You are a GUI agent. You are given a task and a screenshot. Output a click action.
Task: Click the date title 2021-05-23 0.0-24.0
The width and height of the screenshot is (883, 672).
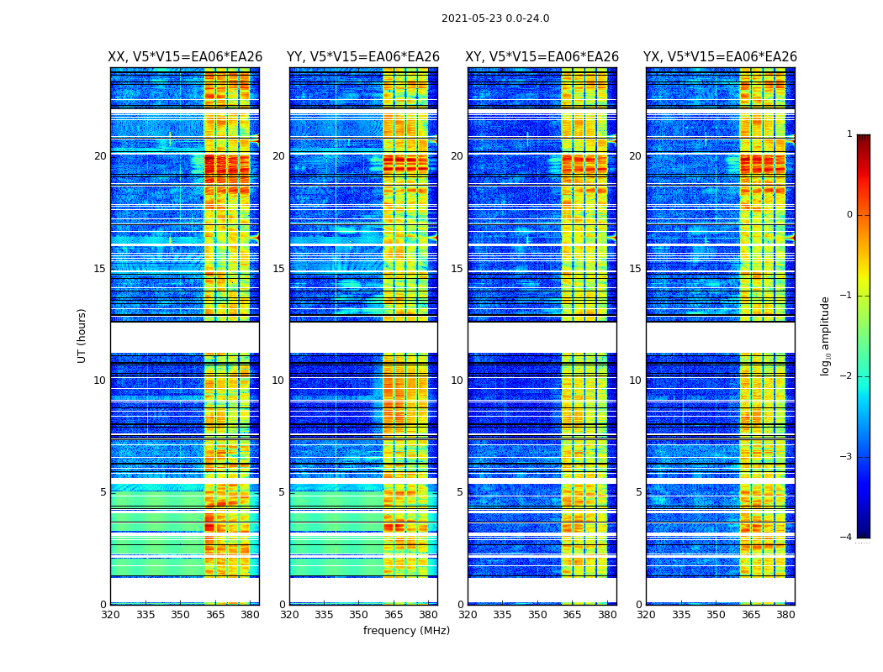(495, 18)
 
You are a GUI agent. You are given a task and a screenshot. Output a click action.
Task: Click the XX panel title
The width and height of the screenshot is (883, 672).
(185, 57)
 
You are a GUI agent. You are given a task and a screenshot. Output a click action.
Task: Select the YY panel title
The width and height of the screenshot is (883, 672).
(363, 57)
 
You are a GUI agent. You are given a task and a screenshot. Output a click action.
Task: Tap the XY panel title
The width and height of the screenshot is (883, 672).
(542, 57)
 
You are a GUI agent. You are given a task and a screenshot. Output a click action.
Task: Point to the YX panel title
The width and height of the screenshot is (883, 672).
(721, 57)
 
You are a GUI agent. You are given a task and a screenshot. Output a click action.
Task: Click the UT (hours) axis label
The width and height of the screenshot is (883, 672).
(82, 335)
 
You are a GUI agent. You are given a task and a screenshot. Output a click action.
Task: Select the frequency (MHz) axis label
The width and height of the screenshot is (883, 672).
(406, 631)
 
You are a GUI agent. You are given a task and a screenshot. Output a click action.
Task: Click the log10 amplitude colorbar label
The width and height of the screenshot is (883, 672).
(826, 335)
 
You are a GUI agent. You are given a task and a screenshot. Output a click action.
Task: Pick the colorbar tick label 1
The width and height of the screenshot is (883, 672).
(849, 134)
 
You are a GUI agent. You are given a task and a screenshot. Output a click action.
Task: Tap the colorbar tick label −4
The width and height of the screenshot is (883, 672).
(847, 538)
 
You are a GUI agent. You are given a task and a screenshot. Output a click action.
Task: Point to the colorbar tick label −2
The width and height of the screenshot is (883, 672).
(847, 376)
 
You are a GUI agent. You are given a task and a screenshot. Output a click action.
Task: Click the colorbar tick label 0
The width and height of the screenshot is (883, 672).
(849, 215)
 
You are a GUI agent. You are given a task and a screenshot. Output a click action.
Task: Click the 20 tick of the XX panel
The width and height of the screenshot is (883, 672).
(100, 156)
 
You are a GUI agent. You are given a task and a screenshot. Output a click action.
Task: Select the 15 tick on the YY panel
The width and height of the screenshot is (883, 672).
(278, 269)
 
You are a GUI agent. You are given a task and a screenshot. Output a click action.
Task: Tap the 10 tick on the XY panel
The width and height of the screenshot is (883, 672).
(457, 381)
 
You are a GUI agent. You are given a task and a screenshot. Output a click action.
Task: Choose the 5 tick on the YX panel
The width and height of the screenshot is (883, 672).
(638, 492)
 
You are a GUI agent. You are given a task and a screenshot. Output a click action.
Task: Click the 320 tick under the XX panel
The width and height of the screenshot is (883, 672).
(111, 615)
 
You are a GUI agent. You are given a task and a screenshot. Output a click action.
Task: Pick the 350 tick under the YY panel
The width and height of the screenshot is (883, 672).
(359, 615)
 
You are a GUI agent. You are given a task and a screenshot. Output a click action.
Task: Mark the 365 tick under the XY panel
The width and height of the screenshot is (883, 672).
(572, 615)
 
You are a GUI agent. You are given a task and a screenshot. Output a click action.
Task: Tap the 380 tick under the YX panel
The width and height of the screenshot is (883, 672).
(785, 615)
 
